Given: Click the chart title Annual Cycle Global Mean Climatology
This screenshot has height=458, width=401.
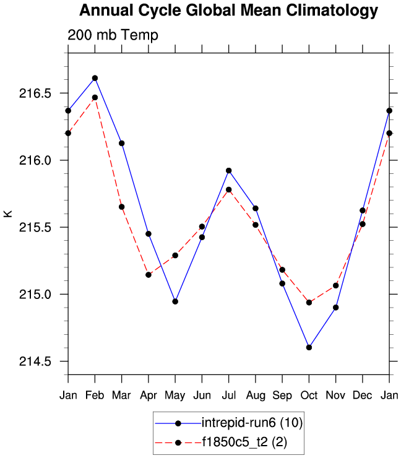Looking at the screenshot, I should tap(228, 11).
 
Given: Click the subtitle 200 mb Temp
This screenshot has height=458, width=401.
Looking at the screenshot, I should tap(113, 35).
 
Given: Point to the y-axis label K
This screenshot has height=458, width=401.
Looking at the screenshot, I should tap(8, 214).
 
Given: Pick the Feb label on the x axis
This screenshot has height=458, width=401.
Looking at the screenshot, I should tap(95, 395).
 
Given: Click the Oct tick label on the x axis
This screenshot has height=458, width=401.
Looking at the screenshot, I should tap(309, 395).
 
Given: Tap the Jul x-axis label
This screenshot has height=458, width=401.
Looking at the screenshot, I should tap(229, 395).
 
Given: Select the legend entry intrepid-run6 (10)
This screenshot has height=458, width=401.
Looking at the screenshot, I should tap(251, 423).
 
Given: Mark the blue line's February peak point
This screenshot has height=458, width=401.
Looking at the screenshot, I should tap(95, 78).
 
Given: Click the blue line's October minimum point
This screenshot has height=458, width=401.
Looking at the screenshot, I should tap(309, 347).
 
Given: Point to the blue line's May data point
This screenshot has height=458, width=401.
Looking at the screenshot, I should tap(175, 301).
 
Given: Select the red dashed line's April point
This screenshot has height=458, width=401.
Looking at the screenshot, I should tap(149, 275).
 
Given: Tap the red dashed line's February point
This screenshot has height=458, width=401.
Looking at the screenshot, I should tap(95, 97).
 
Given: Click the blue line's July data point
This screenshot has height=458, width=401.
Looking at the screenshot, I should tap(229, 170).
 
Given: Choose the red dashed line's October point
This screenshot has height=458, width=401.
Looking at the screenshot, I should tap(309, 302).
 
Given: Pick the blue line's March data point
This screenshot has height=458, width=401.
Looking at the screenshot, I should tap(122, 143).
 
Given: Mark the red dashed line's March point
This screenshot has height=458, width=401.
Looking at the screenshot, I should tap(122, 207).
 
